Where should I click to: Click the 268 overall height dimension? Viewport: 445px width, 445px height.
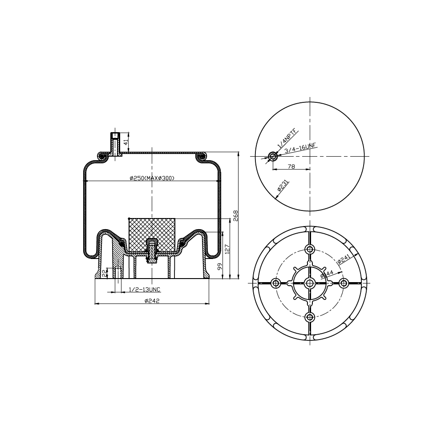click(x=235, y=216)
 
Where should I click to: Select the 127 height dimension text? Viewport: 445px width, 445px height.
click(x=227, y=249)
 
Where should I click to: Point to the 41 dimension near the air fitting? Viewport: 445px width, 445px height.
click(x=126, y=142)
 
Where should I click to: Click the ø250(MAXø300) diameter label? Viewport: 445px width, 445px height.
click(x=152, y=178)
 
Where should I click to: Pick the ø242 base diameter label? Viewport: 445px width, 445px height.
click(x=152, y=301)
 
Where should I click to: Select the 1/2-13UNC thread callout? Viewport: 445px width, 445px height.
click(x=145, y=290)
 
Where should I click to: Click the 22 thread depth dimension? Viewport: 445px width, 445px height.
click(x=104, y=273)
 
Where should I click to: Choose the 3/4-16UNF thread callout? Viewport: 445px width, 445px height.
click(x=300, y=149)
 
